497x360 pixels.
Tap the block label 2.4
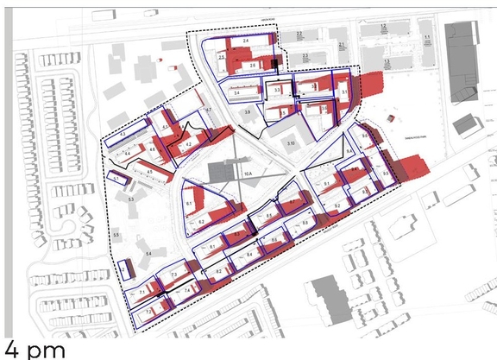[245, 41]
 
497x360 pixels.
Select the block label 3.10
[291, 142]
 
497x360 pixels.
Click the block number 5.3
[131, 199]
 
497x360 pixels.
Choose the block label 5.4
[148, 253]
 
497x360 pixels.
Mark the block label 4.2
[188, 145]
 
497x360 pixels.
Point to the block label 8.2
[218, 272]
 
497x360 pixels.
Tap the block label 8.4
[249, 256]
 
